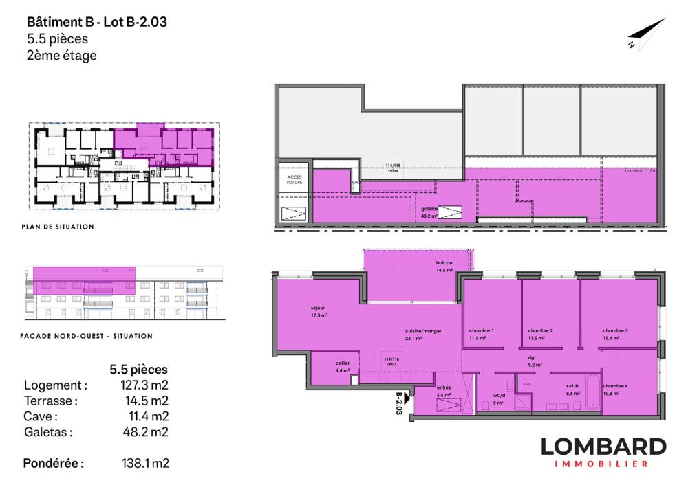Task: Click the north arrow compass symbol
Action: (646, 34)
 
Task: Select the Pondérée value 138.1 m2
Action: (144, 463)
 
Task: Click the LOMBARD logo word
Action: (603, 447)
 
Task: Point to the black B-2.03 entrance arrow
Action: (407, 397)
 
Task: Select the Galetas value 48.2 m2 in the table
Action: (144, 432)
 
